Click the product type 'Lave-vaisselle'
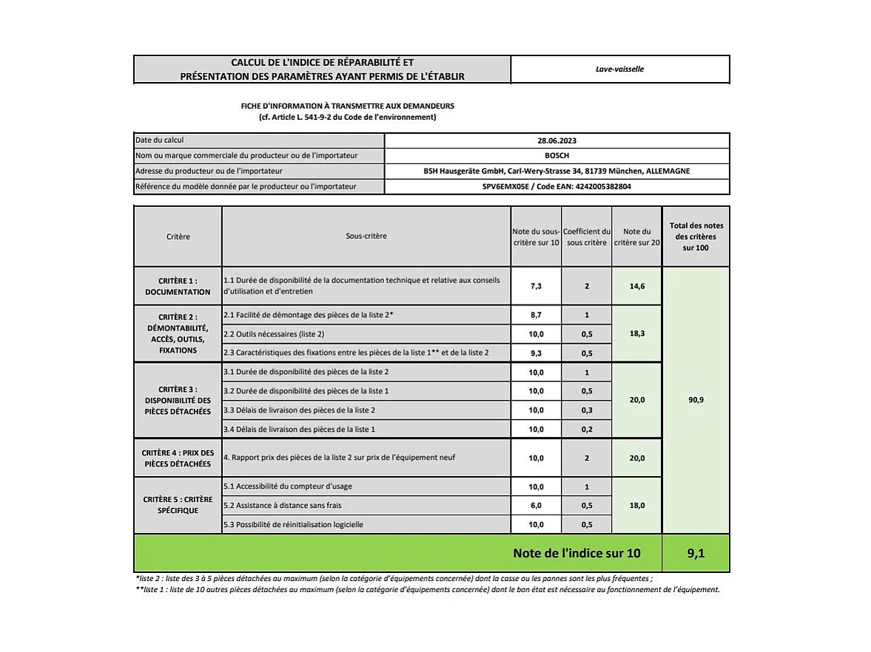(x=619, y=69)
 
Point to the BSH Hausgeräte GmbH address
(x=556, y=172)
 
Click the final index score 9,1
(x=695, y=554)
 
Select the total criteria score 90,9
(x=696, y=400)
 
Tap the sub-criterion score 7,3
(x=536, y=286)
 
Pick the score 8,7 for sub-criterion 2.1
(x=536, y=315)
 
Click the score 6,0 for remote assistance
(x=536, y=506)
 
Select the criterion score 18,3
(x=636, y=334)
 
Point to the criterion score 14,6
(x=636, y=286)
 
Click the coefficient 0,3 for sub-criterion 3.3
(x=586, y=410)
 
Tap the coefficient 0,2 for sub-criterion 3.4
(x=586, y=429)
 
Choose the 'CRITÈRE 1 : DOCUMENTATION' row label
(x=178, y=286)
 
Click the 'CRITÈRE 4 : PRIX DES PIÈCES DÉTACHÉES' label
(x=178, y=458)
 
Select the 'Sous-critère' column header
(x=366, y=237)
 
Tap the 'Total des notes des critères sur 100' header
(x=696, y=237)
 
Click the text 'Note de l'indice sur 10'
(x=576, y=554)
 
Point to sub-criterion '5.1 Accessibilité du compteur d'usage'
(x=288, y=486)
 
